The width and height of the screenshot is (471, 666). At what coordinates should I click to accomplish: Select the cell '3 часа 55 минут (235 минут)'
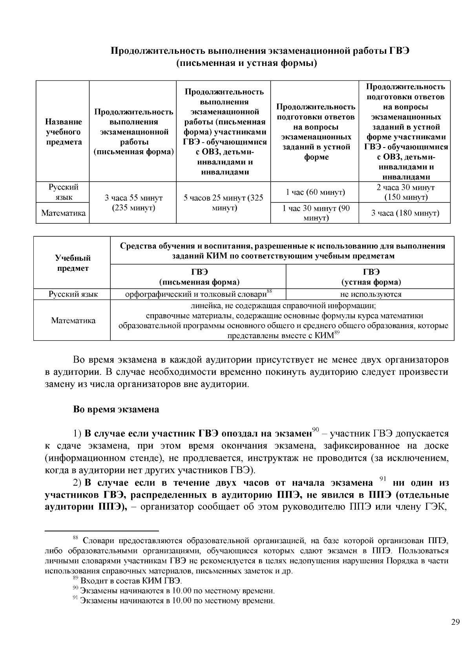point(133,203)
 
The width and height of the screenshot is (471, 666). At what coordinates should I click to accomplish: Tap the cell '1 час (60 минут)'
point(315,192)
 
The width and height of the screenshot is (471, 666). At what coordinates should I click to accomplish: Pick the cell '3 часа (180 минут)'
point(405,213)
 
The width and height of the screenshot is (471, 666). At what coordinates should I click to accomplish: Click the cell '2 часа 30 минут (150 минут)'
point(405,192)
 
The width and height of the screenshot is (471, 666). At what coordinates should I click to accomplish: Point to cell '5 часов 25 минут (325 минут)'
point(223,203)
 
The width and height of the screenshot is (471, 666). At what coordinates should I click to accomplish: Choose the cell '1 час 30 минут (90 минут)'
point(315,213)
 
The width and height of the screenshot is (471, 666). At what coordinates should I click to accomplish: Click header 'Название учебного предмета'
point(63,132)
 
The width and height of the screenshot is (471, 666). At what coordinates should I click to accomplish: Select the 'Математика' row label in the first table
point(63,213)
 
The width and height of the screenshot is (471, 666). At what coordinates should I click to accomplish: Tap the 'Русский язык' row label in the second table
point(73,294)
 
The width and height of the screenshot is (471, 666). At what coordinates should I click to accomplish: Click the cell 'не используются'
point(370,294)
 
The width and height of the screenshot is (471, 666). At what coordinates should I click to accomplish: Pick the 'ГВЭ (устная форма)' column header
point(370,277)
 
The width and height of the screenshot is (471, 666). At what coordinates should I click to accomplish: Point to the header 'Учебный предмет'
point(73,263)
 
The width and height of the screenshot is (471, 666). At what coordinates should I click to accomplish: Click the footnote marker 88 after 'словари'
point(269,292)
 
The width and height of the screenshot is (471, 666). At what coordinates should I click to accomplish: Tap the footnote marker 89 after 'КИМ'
point(336,333)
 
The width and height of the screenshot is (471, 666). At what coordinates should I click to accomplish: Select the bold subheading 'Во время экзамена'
point(116,409)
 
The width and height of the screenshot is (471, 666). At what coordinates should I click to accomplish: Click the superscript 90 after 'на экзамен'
point(315,429)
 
